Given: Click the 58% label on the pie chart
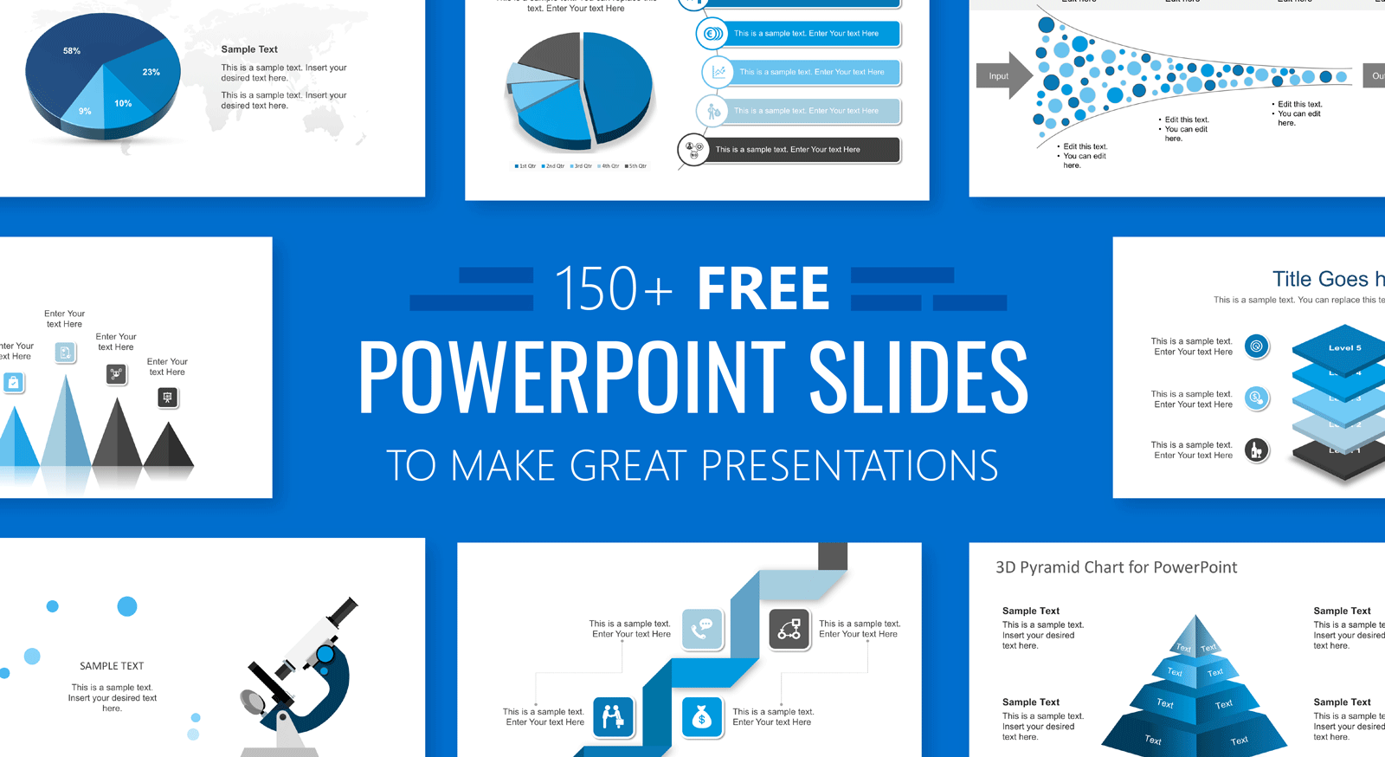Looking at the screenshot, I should coord(72,51).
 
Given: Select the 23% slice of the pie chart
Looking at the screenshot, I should coord(149,76).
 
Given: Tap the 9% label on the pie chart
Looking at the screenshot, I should coord(85,111).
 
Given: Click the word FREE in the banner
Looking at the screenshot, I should coord(763,288).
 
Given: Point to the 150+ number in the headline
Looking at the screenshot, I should coord(612,289).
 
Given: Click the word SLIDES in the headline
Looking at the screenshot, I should coord(918,378).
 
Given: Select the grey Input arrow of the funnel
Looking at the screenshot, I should coord(1002,76).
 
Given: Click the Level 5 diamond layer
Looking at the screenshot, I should coord(1344,347).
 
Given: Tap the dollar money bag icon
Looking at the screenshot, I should coord(702,717).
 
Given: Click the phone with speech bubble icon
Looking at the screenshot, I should coord(702,629).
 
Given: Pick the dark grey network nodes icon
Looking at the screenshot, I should coord(789,629).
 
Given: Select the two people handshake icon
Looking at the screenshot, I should coord(613,717).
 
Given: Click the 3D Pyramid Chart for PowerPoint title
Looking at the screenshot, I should coord(1116,567).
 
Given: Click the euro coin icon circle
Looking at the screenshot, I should coord(712,34).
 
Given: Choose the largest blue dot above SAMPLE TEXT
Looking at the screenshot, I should coord(127,606).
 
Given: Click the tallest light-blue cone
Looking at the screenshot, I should coord(66,424).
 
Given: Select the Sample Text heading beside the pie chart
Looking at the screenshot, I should coord(249,49).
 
